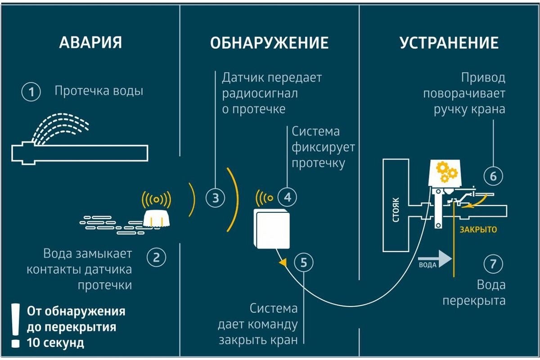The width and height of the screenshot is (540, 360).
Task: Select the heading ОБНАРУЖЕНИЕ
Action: pos(269,43)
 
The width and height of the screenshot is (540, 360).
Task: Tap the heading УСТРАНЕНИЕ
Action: pos(449,43)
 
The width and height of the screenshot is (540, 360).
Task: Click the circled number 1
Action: pos(31,93)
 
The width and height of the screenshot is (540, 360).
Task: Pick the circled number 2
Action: pos(157,258)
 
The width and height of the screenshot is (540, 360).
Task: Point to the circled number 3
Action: pos(216,198)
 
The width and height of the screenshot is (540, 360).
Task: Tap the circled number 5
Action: pos(304,262)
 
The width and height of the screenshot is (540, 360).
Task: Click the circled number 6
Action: pos(493,176)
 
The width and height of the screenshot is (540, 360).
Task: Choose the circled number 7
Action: pos(493,264)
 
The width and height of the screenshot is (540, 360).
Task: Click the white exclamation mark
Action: pos(16,325)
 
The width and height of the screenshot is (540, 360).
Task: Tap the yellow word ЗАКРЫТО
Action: pos(478,229)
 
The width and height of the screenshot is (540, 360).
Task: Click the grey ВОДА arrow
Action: pos(435,260)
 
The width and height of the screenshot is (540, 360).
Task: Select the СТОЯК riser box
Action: pos(395,205)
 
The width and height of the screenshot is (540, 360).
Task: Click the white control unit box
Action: pos(272,229)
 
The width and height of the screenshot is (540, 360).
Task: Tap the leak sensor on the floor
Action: pos(156,218)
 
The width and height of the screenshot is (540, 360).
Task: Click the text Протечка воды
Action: pos(99,91)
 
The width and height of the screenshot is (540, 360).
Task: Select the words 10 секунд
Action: pos(55,342)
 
